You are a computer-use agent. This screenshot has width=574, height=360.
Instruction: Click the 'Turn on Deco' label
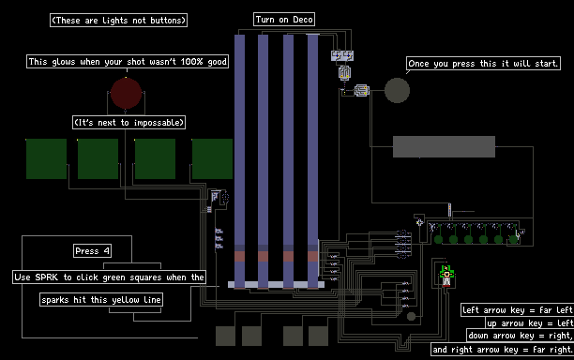pyautogui.click(x=284, y=20)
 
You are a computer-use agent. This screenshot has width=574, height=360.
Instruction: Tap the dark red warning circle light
pyautogui.click(x=127, y=93)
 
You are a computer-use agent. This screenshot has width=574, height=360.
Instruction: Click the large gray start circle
pyautogui.click(x=397, y=90)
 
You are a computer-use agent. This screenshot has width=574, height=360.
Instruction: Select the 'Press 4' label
pyautogui.click(x=92, y=251)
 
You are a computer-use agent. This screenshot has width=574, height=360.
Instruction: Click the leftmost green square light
pyautogui.click(x=47, y=158)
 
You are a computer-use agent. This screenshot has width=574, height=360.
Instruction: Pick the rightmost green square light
pyautogui.click(x=212, y=158)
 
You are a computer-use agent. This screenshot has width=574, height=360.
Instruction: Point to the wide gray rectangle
pyautogui.click(x=444, y=146)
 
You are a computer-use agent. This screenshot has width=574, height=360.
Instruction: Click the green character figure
pyautogui.click(x=446, y=276)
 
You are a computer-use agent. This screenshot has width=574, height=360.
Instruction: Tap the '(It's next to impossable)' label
pyautogui.click(x=128, y=122)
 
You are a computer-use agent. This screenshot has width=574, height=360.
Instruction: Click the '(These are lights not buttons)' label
pyautogui.click(x=118, y=20)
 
